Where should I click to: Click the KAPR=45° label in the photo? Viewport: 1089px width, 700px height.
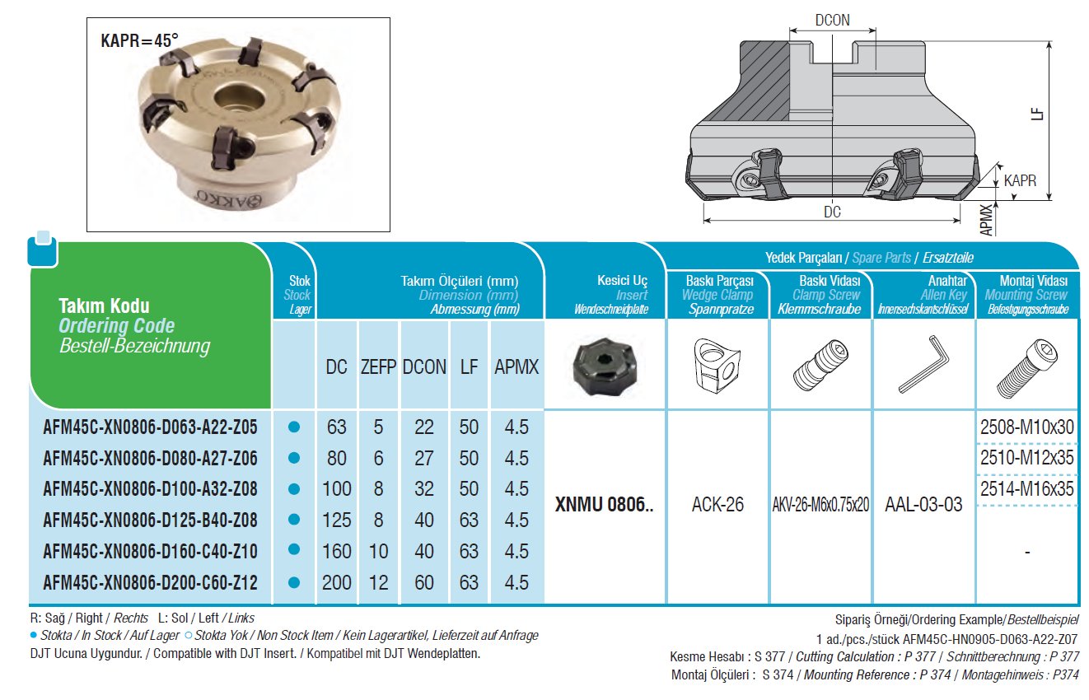139,41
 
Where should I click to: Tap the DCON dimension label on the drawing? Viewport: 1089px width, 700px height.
832,21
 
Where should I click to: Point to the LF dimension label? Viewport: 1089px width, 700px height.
1037,114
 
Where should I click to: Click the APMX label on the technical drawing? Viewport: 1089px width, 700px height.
986,220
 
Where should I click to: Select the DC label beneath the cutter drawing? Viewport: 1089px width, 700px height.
832,212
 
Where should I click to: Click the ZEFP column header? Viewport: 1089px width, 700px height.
378,367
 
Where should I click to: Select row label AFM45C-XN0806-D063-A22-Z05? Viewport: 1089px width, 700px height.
150,427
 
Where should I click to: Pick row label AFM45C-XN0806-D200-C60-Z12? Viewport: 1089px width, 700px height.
150,582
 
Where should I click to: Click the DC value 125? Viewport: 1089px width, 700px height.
336,520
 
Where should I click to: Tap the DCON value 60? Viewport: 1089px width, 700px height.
424,582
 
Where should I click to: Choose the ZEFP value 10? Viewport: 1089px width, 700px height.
378,551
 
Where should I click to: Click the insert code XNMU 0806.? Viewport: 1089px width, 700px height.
604,505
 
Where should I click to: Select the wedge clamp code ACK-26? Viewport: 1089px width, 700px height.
717,505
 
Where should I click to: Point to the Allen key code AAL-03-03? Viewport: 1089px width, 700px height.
923,505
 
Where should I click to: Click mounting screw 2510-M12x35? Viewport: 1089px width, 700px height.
1026,458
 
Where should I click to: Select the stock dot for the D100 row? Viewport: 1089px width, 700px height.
293,489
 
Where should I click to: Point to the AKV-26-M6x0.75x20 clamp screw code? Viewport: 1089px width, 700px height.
820,505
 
